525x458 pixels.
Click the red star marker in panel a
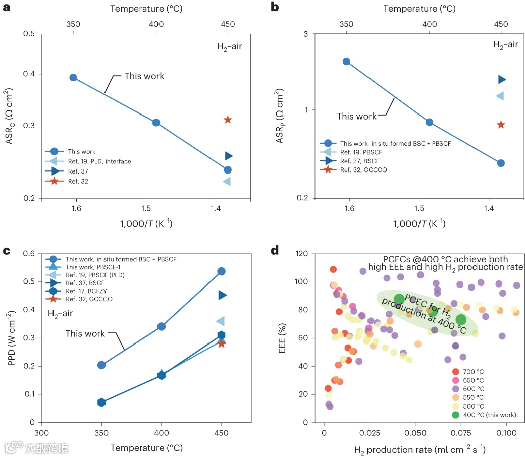pyautogui.click(x=228, y=120)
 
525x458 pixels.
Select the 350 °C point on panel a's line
pyautogui.click(x=73, y=77)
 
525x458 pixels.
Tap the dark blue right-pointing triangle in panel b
pyautogui.click(x=502, y=79)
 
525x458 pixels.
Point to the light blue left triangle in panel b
pyautogui.click(x=500, y=96)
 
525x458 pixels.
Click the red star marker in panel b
pyautogui.click(x=501, y=125)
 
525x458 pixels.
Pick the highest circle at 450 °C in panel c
pyautogui.click(x=221, y=271)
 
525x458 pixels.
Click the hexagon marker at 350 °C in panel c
pyautogui.click(x=101, y=402)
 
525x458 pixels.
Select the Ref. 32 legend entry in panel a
pyautogui.click(x=78, y=181)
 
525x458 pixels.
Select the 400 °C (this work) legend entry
pyautogui.click(x=485, y=415)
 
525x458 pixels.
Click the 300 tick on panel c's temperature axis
pyautogui.click(x=42, y=433)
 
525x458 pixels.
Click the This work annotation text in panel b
pyautogui.click(x=356, y=117)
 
